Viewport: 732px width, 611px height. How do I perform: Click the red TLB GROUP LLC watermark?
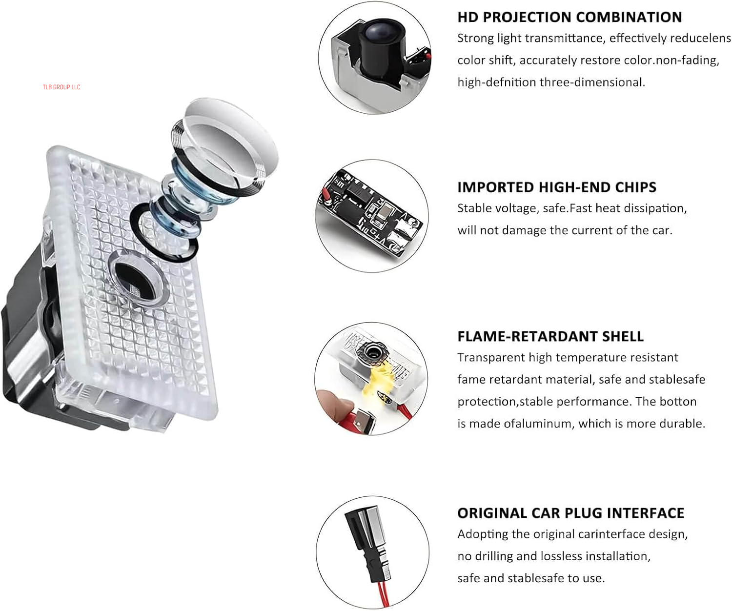(61, 87)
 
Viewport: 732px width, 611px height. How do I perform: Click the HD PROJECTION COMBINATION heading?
(569, 17)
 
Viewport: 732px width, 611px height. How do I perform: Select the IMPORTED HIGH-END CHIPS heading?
(557, 187)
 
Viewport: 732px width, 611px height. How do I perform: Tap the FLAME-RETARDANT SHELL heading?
(550, 336)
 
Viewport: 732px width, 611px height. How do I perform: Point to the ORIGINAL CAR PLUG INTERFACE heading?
(571, 513)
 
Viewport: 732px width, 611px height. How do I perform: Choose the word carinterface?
(612, 534)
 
